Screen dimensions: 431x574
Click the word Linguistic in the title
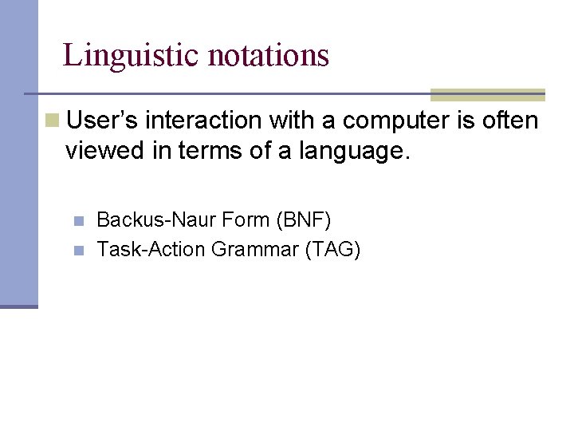[x=132, y=55]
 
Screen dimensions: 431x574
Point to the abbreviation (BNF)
[x=303, y=219]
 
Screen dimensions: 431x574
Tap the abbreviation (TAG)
[x=332, y=250]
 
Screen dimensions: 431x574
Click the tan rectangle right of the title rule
[x=487, y=95]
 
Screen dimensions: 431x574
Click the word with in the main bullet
[x=290, y=121]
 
